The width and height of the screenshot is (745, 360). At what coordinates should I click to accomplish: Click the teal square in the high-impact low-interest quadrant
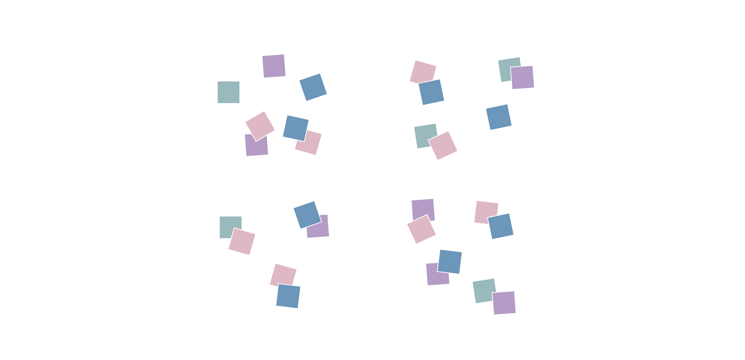coord(229,92)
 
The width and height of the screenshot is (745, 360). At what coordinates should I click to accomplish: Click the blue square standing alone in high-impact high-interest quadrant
coord(499,117)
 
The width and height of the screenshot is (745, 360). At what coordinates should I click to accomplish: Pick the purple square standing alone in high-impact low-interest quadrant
coord(274,66)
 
